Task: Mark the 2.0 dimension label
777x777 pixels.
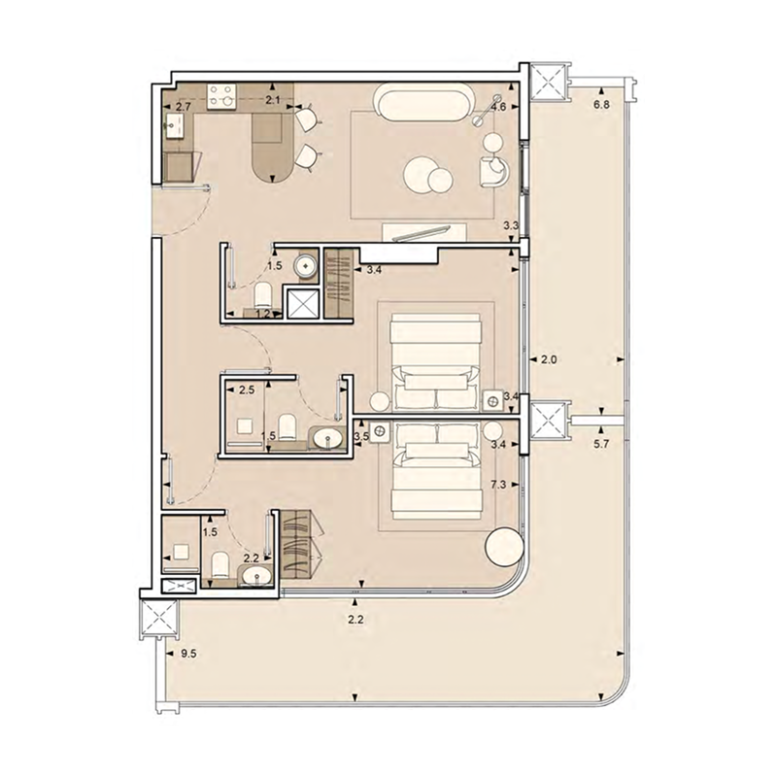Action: pyautogui.click(x=548, y=359)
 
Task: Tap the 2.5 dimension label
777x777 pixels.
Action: pyautogui.click(x=247, y=390)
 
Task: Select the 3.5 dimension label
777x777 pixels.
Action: pyautogui.click(x=362, y=438)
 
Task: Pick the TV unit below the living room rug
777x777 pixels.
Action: pyautogui.click(x=427, y=231)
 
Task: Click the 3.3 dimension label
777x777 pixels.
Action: pyautogui.click(x=509, y=226)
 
